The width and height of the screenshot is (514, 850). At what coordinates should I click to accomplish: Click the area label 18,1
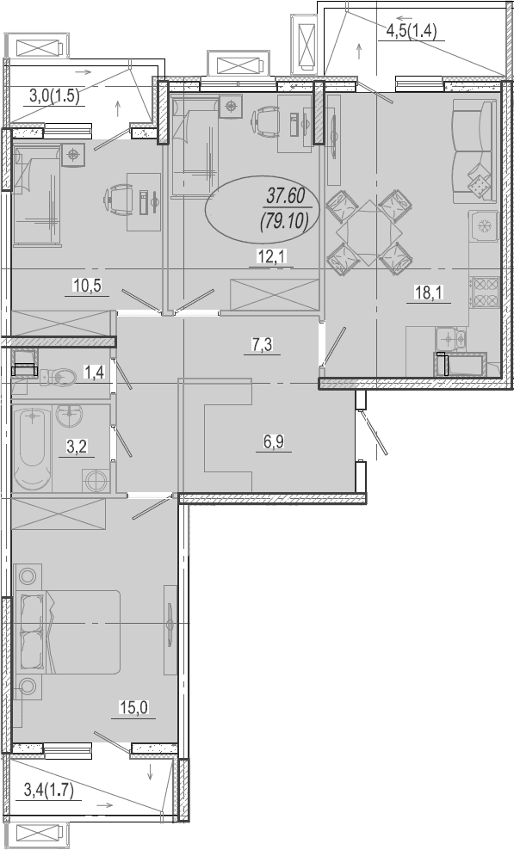(429, 293)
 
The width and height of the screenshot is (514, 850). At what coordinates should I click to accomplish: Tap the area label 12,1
(271, 256)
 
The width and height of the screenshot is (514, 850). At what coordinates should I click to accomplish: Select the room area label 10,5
(87, 285)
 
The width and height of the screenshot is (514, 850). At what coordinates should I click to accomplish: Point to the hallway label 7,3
(262, 344)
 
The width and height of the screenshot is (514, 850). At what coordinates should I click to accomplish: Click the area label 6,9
(274, 441)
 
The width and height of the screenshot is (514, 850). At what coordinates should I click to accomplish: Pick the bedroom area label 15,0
(133, 707)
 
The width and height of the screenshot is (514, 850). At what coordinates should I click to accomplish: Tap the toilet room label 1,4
(93, 373)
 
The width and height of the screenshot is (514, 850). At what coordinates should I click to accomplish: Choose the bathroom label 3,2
(77, 447)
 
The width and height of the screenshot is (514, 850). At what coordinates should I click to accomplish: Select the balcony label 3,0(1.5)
(54, 96)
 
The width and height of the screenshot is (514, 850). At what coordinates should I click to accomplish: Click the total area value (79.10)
(284, 221)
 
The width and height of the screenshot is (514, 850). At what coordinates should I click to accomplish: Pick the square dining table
(368, 233)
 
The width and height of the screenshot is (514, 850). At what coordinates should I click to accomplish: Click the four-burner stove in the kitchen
(486, 293)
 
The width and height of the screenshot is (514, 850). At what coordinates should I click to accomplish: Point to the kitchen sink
(450, 339)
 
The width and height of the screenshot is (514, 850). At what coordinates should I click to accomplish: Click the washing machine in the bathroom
(96, 479)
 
